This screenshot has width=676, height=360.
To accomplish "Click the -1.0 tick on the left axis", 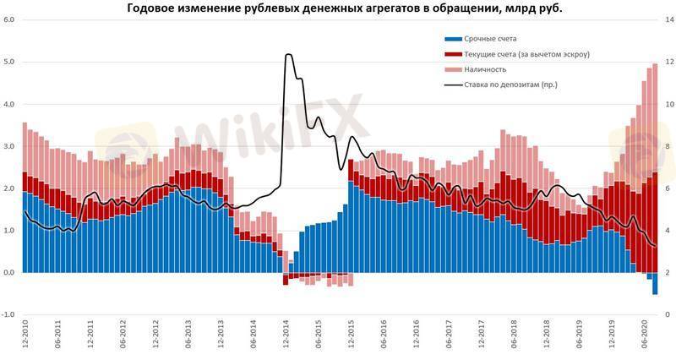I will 8,314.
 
